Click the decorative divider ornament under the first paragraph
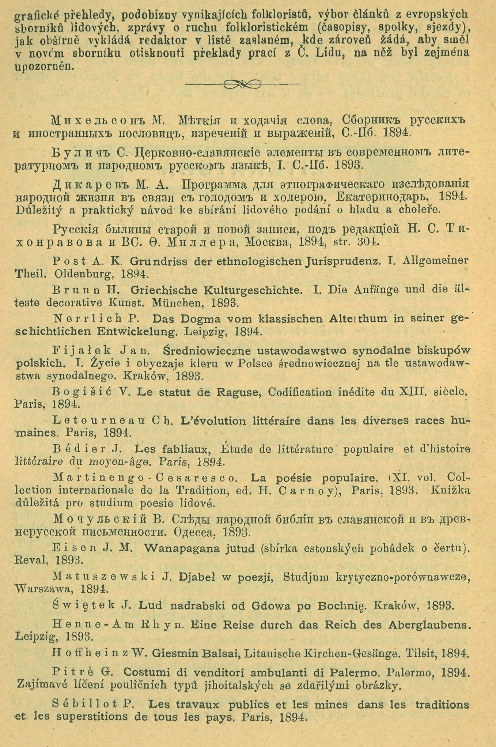pyautogui.click(x=242, y=84)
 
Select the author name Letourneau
pyautogui.click(x=99, y=420)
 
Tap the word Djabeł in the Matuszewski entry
pyautogui.click(x=197, y=577)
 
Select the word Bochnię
pyautogui.click(x=341, y=605)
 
